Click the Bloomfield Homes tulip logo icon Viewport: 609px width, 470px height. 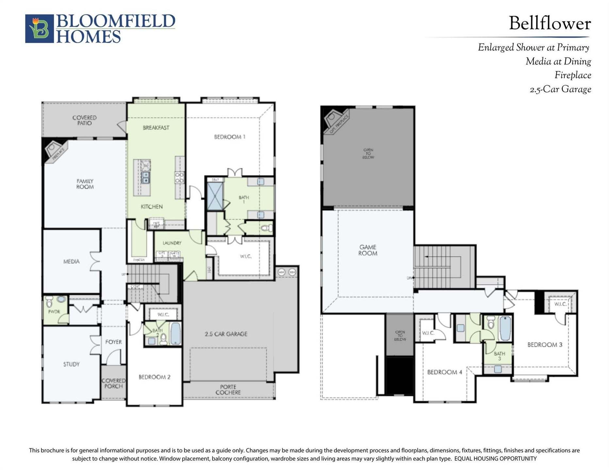40,28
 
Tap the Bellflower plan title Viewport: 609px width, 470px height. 550,23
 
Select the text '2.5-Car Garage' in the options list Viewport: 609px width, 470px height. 560,89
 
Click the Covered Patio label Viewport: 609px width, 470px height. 84,120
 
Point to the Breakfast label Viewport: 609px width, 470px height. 156,128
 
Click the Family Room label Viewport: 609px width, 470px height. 85,184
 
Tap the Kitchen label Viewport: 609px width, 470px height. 152,207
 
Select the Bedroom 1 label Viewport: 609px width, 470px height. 230,137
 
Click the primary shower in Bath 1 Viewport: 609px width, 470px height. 215,196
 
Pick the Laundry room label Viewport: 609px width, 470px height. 172,243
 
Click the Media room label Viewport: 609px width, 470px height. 72,261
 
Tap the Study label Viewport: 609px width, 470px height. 71,364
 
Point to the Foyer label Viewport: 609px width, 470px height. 113,342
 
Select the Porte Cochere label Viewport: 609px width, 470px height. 228,390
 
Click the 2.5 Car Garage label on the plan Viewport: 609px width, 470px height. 226,334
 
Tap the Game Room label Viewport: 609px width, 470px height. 368,250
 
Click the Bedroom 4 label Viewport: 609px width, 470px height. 444,372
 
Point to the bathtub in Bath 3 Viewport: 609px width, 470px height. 505,328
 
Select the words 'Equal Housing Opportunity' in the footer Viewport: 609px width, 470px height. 495,459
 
